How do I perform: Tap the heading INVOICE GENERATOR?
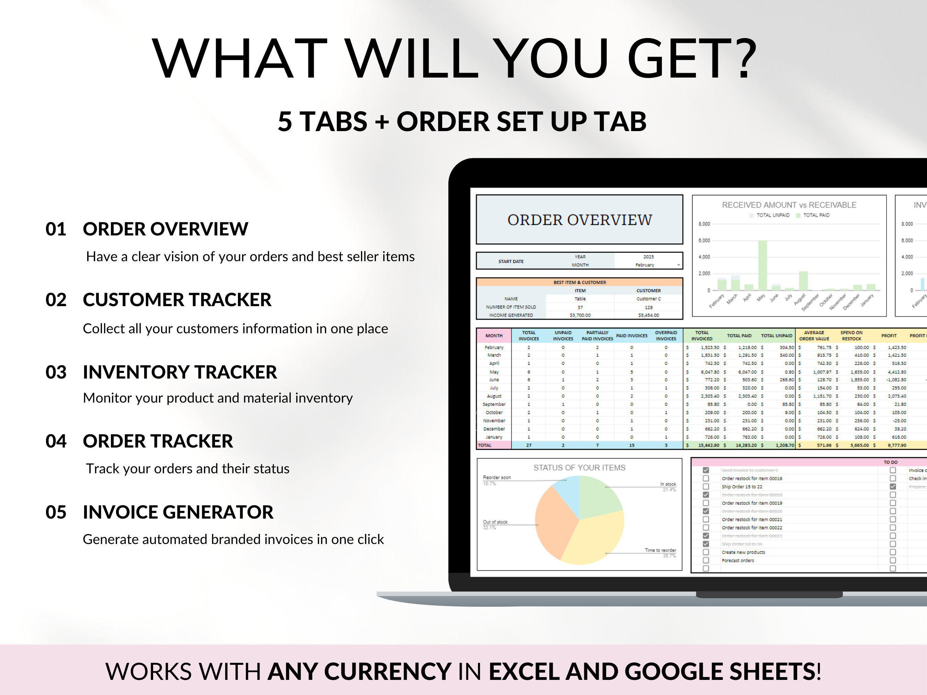tap(178, 512)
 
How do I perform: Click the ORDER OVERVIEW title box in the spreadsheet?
tap(579, 220)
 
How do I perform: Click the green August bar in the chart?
tap(803, 281)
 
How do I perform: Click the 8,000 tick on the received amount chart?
tap(704, 224)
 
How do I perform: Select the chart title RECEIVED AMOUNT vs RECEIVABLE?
tap(789, 205)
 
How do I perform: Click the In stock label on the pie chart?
tap(668, 484)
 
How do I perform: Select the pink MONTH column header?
tap(494, 336)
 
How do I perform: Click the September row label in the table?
tap(494, 404)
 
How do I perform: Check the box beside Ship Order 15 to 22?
tap(706, 487)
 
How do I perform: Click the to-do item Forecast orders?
tap(737, 560)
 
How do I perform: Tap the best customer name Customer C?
tap(648, 299)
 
